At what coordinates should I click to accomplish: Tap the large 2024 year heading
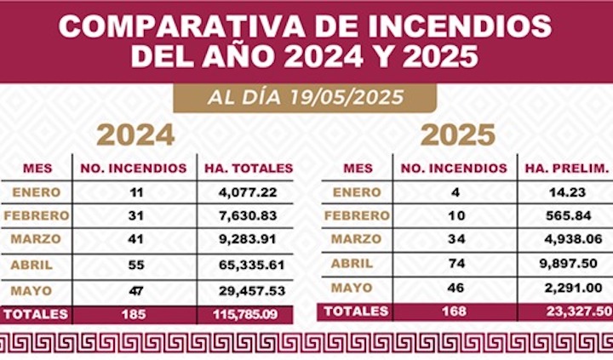(135, 134)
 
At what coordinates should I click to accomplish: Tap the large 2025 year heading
(457, 134)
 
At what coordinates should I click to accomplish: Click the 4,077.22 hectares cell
(246, 192)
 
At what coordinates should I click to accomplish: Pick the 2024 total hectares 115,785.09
(246, 314)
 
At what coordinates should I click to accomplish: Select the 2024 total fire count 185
(134, 314)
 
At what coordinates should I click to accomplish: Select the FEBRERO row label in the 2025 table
(356, 215)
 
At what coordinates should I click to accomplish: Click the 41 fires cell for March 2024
(134, 241)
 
